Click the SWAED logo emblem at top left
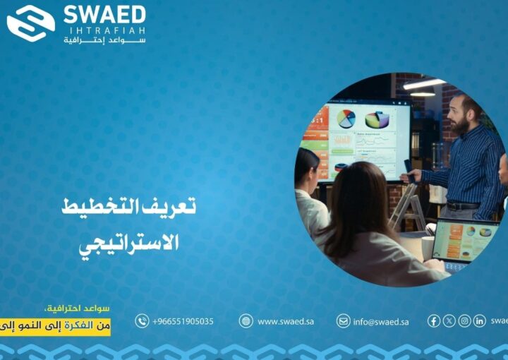[30, 23]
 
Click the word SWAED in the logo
[104, 14]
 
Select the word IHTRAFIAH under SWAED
[104, 30]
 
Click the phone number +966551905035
[183, 321]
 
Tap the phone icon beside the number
[142, 321]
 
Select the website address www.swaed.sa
[285, 321]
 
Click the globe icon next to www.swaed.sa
[246, 321]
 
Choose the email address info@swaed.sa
[381, 321]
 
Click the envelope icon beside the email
[343, 321]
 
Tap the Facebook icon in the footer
[434, 321]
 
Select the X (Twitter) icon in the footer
[449, 321]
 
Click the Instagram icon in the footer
[464, 321]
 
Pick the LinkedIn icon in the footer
[479, 321]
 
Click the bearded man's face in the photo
[461, 113]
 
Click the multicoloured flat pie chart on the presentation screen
[346, 119]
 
